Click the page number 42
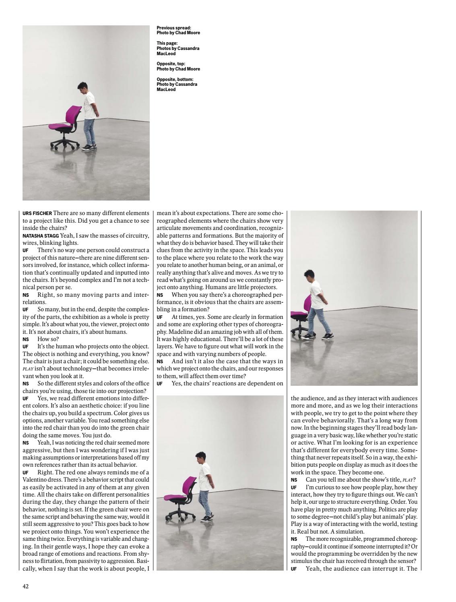point(25,587)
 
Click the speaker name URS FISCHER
point(37,213)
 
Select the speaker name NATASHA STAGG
point(41,236)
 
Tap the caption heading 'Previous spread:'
point(174,28)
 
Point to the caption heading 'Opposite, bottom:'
point(175,79)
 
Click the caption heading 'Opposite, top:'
point(171,64)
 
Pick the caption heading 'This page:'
point(167,43)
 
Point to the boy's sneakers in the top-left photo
point(89,147)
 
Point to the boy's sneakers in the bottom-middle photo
point(206,518)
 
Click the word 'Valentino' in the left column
point(37,480)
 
